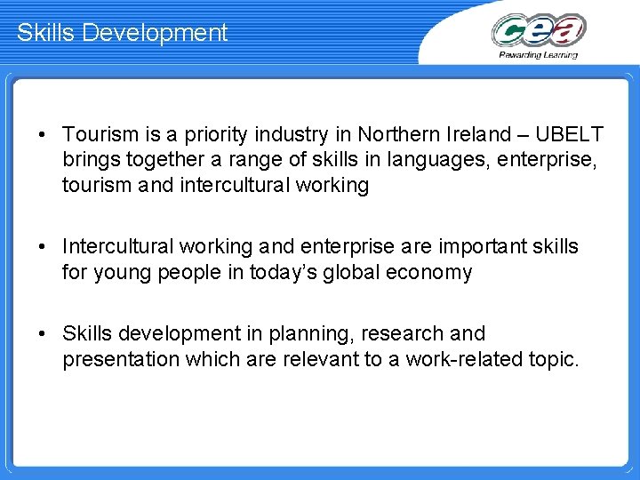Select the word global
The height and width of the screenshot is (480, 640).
(x=365, y=271)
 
